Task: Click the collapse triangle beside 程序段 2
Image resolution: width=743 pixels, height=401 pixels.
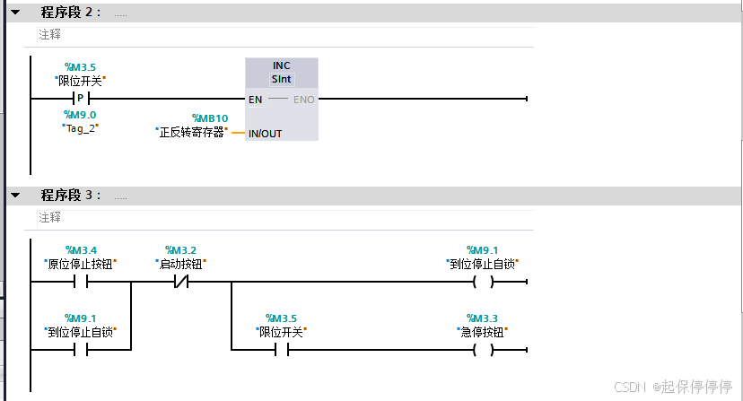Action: [x=14, y=13]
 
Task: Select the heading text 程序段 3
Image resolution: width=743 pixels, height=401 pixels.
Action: [x=72, y=196]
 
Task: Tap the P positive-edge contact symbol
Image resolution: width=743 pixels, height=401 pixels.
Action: [x=81, y=99]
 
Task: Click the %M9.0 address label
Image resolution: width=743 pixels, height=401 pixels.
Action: [x=80, y=115]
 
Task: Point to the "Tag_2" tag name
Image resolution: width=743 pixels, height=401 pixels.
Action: [x=80, y=127]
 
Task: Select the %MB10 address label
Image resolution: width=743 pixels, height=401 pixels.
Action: [x=210, y=118]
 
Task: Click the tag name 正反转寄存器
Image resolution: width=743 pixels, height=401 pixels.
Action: [x=190, y=133]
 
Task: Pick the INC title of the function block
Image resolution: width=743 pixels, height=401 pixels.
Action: [x=282, y=65]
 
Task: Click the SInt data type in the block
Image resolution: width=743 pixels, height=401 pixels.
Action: [x=282, y=79]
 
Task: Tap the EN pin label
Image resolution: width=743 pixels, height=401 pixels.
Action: [x=256, y=99]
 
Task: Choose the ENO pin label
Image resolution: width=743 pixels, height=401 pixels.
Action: [x=304, y=99]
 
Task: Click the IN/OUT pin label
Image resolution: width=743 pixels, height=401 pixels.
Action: [x=265, y=134]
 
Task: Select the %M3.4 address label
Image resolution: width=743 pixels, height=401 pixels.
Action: [x=81, y=249]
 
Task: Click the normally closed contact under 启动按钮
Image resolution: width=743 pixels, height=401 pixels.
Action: [x=180, y=282]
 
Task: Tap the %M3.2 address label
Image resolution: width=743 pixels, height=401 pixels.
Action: [x=180, y=249]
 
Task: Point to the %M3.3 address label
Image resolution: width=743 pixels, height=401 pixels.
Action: [x=482, y=318]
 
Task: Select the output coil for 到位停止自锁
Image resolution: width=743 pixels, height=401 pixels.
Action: [x=483, y=282]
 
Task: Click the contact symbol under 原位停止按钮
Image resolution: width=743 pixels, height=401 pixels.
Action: [x=81, y=282]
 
